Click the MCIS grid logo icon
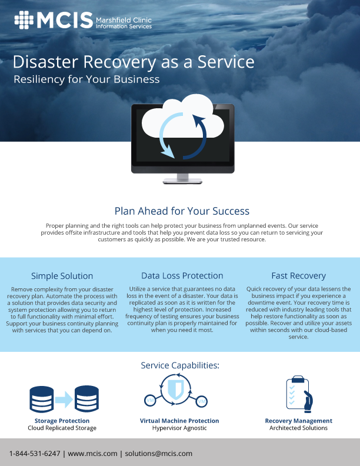click(24, 20)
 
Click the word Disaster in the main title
click(45, 62)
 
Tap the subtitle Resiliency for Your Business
click(86, 79)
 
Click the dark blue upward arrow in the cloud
click(197, 137)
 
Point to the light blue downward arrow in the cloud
click(165, 135)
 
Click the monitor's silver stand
click(182, 179)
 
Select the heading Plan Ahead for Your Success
click(182, 211)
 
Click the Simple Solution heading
click(62, 276)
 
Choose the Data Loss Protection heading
click(182, 275)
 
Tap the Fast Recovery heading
click(298, 276)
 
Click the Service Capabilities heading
click(180, 365)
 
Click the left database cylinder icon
click(42, 399)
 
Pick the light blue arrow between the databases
click(64, 400)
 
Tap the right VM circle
click(202, 401)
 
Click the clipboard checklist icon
click(298, 394)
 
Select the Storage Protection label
click(62, 421)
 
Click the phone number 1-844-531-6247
click(35, 454)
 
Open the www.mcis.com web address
click(92, 454)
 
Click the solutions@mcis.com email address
click(159, 454)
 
